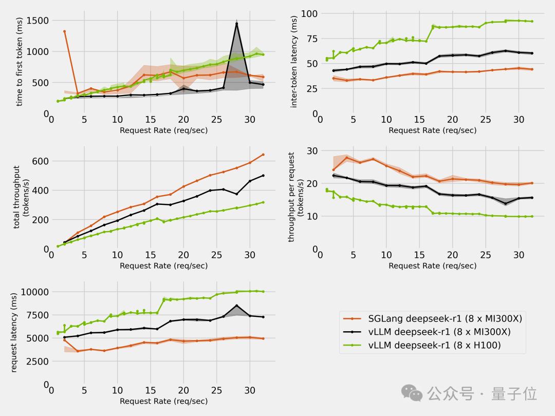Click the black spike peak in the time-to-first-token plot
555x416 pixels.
tap(236, 24)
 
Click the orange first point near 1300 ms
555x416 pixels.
tap(64, 31)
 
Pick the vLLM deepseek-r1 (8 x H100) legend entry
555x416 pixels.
tap(434, 345)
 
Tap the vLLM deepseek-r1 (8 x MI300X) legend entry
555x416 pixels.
tap(439, 332)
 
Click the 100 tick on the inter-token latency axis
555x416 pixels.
tap(308, 13)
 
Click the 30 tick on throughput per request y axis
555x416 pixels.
tap(311, 150)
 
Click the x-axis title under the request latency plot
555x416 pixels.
tap(163, 401)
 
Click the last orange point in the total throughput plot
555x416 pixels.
tap(263, 155)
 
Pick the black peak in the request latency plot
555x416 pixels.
tap(236, 306)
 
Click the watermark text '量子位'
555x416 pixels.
tap(514, 394)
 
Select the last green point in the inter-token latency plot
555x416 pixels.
tap(532, 21)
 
